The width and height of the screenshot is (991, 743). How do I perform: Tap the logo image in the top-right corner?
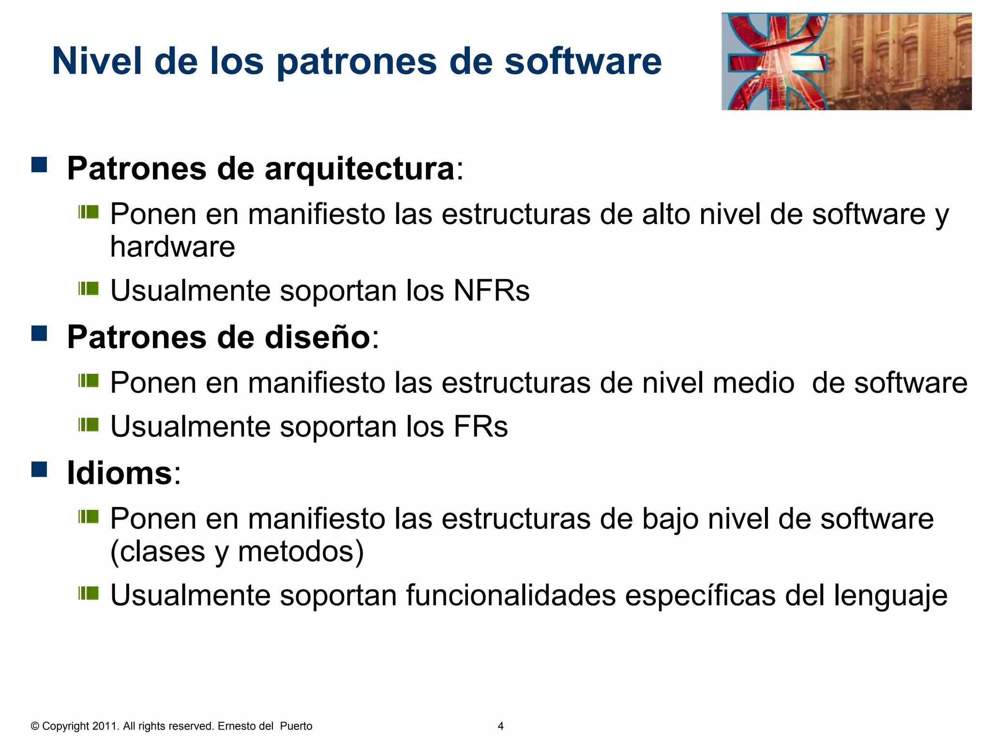tap(846, 61)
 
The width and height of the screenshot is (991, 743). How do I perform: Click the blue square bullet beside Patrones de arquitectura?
tap(39, 164)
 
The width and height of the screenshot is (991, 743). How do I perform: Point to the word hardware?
tap(172, 247)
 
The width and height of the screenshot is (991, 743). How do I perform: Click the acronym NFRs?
tap(491, 290)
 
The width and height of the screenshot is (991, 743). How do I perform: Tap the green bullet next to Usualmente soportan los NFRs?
tap(89, 289)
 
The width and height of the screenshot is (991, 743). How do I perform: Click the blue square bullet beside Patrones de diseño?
tap(39, 333)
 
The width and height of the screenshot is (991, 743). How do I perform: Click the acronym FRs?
tap(480, 426)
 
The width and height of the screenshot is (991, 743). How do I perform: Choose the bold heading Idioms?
tap(120, 473)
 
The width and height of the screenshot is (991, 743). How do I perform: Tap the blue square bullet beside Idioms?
tap(39, 469)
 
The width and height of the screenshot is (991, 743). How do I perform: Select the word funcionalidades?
tap(511, 595)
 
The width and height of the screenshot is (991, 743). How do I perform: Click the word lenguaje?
tap(890, 595)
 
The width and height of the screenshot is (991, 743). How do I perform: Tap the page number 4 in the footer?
tap(500, 726)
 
